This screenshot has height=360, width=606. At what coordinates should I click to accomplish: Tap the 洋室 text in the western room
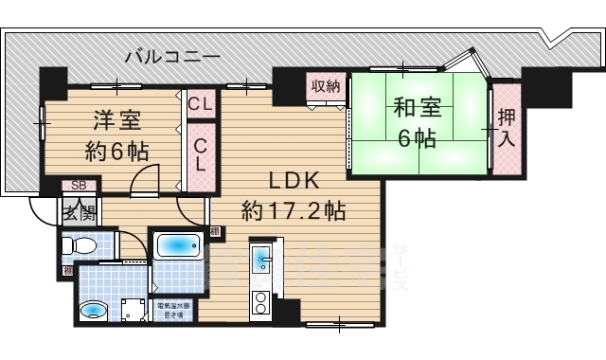(x=117, y=121)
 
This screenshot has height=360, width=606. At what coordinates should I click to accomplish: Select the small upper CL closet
(x=200, y=103)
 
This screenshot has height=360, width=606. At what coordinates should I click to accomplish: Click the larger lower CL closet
(x=201, y=152)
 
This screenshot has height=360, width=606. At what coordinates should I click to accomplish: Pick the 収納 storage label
(x=325, y=86)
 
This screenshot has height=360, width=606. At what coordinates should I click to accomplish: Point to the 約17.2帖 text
(x=293, y=209)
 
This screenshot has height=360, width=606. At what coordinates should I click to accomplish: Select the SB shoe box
(x=78, y=187)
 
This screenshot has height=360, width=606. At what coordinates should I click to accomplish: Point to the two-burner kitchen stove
(x=260, y=302)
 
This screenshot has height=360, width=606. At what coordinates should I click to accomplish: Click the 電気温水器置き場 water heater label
(x=172, y=310)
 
